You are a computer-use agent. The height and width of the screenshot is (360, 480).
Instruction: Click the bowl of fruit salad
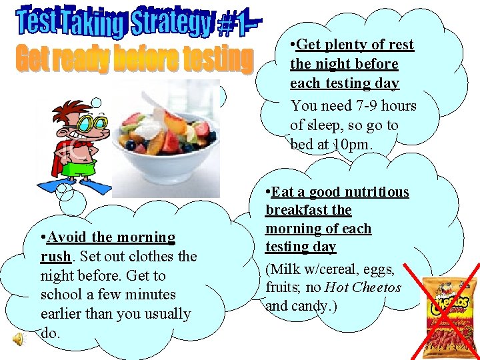(169, 143)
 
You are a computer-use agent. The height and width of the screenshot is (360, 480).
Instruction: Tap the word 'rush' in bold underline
(55, 256)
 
